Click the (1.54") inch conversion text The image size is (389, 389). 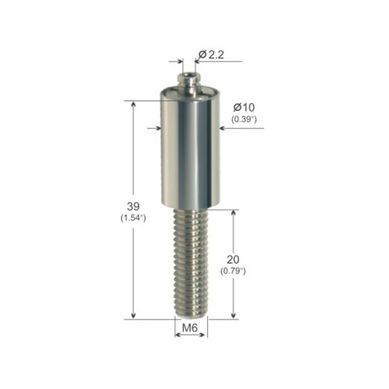point(133,218)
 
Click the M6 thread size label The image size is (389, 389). point(190,328)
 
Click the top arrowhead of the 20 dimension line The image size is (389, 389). point(233,213)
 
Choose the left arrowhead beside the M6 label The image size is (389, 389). point(178,335)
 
